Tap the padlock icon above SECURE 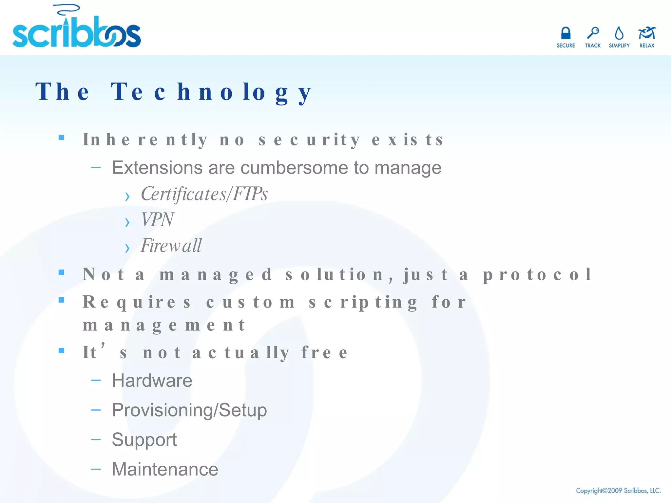[566, 33]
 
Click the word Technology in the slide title [211, 92]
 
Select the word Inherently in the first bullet [145, 140]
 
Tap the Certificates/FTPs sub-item [204, 194]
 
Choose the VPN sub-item [157, 220]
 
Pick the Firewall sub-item [171, 246]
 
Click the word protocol [537, 274]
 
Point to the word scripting [363, 302]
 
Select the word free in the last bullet [324, 353]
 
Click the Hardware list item [152, 381]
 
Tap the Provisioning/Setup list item [189, 410]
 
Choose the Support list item [144, 439]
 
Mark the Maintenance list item [165, 469]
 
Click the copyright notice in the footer [618, 491]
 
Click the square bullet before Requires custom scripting [61, 300]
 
